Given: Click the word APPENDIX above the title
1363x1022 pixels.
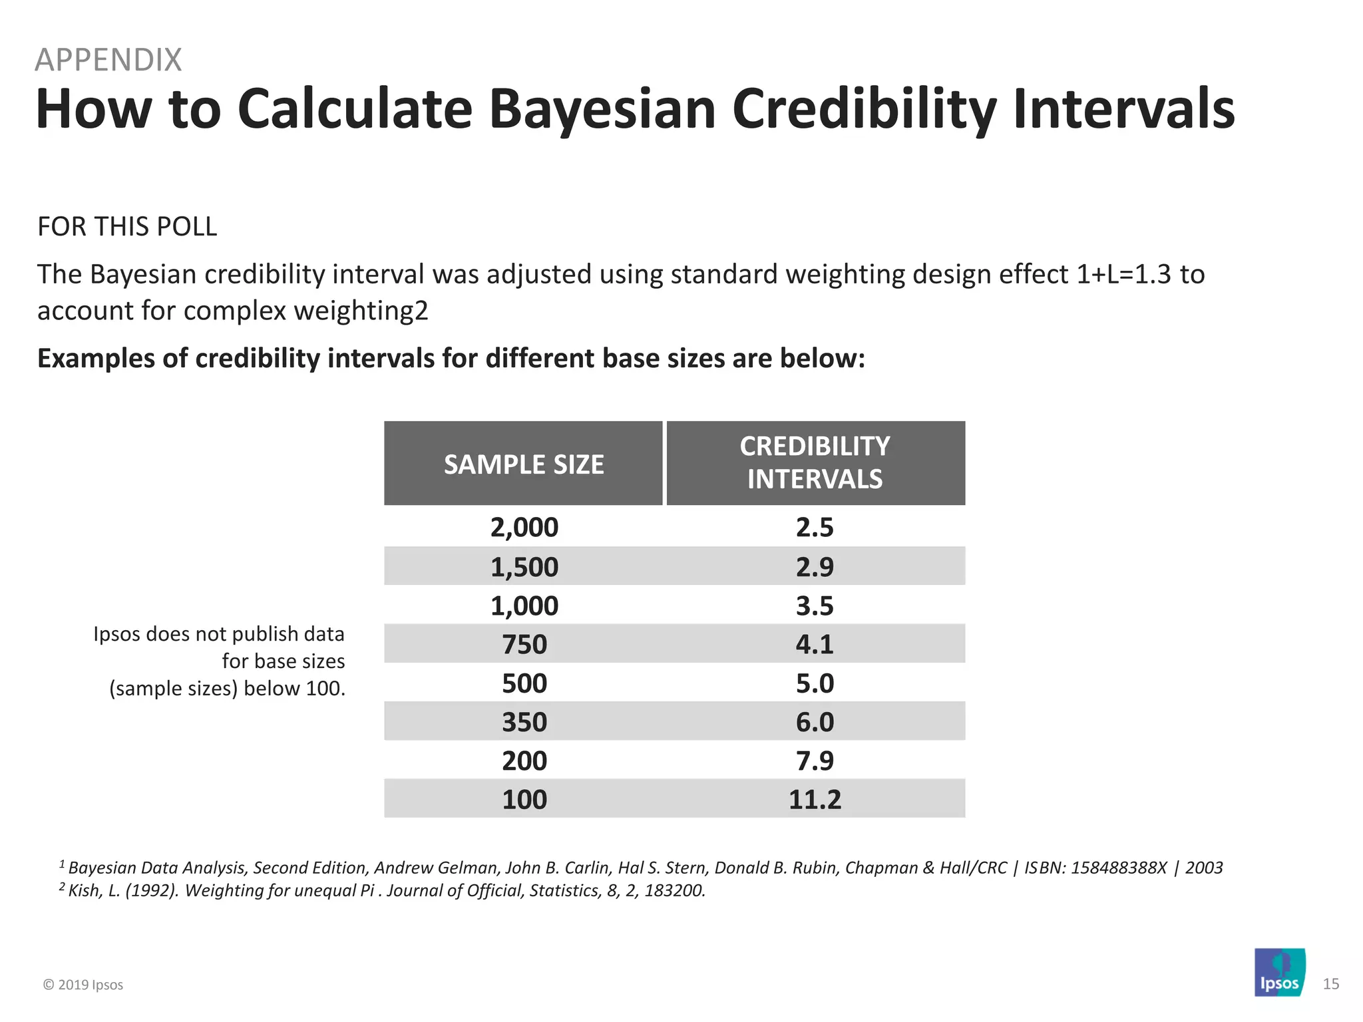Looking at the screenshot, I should point(108,60).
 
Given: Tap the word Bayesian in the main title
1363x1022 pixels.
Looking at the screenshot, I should point(602,109).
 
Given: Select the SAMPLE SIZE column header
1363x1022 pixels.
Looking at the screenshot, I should point(524,464).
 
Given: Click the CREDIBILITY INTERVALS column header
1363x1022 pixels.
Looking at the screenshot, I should point(815,462).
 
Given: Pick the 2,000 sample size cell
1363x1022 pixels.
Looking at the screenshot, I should point(524,527).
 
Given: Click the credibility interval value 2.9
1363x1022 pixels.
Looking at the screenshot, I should point(815,566).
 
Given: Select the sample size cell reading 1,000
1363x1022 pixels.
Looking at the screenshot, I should point(524,605).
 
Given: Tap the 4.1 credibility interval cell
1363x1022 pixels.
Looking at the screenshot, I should point(815,644).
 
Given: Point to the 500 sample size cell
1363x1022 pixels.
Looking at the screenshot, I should point(524,683).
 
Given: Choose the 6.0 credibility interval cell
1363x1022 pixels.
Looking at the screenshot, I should point(815,722).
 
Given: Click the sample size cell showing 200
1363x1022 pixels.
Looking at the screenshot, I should point(524,761).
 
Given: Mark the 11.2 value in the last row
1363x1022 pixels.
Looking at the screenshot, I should point(815,799).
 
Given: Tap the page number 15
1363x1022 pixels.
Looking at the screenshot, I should point(1330,984).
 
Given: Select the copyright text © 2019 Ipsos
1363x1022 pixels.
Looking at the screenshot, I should point(83,985).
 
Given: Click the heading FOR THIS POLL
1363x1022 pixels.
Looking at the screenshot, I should point(127,227).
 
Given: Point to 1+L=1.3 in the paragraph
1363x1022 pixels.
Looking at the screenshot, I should point(1123,274).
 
